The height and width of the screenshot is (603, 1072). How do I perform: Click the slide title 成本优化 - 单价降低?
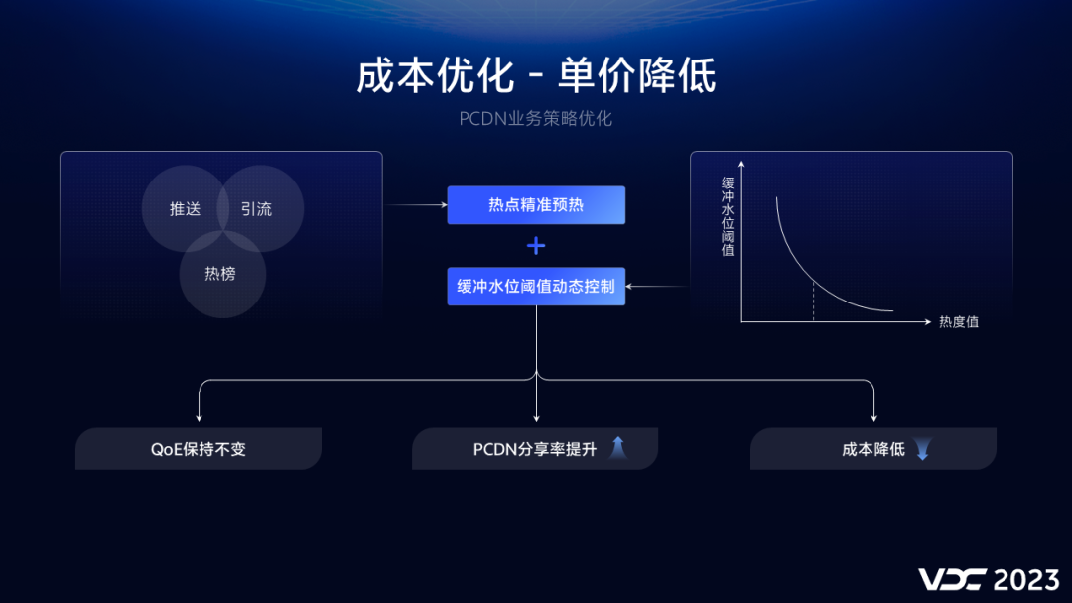point(536,76)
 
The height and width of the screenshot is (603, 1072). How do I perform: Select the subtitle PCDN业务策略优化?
point(536,119)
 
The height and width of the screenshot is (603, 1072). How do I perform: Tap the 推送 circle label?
point(185,209)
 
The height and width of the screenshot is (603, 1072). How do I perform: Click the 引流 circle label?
point(256,209)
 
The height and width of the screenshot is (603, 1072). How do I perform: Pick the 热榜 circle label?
point(220,274)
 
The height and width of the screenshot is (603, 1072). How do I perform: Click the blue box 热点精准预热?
point(536,205)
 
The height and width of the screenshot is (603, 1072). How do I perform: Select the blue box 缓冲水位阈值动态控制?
point(536,286)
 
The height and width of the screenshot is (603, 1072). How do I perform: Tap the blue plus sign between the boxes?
point(536,245)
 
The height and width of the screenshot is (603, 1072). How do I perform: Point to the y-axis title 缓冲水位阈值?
point(728,216)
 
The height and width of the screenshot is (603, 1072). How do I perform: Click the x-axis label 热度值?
point(959,322)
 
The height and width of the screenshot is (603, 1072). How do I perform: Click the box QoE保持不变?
point(199,449)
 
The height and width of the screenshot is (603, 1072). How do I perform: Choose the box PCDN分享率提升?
point(535,449)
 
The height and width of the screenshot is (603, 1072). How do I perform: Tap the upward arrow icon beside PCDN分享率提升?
point(617,448)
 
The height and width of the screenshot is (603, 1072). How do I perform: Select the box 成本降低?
point(873,449)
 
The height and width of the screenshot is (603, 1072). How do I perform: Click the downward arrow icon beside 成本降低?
point(923,450)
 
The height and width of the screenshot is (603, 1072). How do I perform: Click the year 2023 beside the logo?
point(1026,579)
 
